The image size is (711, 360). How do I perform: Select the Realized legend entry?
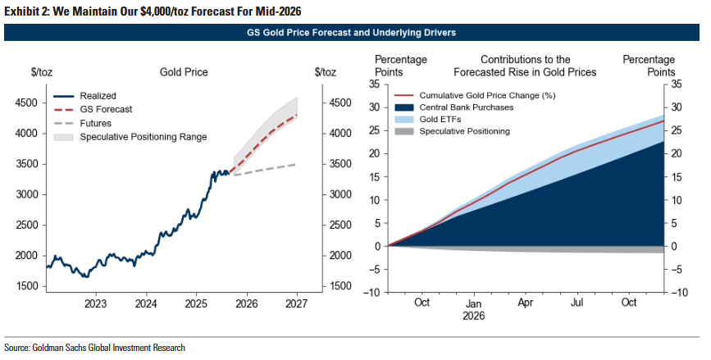[x=98, y=96]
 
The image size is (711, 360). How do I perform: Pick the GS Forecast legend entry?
[x=106, y=109]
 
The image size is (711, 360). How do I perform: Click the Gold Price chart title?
[x=184, y=73]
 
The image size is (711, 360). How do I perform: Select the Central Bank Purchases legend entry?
[x=466, y=107]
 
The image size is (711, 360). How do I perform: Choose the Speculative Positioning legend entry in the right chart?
[x=464, y=131]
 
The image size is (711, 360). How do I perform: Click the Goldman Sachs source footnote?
[x=95, y=348]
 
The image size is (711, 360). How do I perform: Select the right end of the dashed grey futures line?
[x=296, y=165]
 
